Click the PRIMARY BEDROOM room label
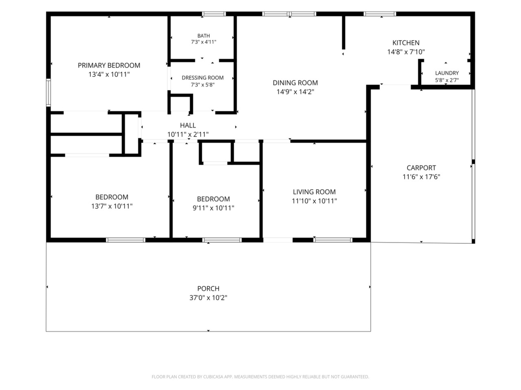click(x=109, y=65)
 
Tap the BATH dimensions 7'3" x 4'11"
click(x=204, y=42)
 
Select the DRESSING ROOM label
click(x=202, y=78)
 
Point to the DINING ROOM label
click(x=295, y=83)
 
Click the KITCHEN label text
click(x=406, y=43)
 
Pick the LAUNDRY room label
click(x=447, y=73)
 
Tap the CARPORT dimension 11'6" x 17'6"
click(x=421, y=177)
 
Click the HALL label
click(x=188, y=125)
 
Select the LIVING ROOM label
click(x=314, y=192)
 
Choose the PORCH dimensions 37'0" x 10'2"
click(x=208, y=298)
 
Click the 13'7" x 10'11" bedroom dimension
click(x=112, y=206)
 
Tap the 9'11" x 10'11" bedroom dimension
click(x=213, y=208)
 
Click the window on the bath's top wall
click(x=214, y=14)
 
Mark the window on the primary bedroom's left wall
click(x=48, y=93)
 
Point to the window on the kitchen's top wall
click(x=380, y=14)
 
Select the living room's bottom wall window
click(x=333, y=240)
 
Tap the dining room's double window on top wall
click(x=289, y=14)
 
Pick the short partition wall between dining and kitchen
click(x=343, y=32)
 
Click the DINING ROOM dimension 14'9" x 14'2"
click(x=295, y=92)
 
